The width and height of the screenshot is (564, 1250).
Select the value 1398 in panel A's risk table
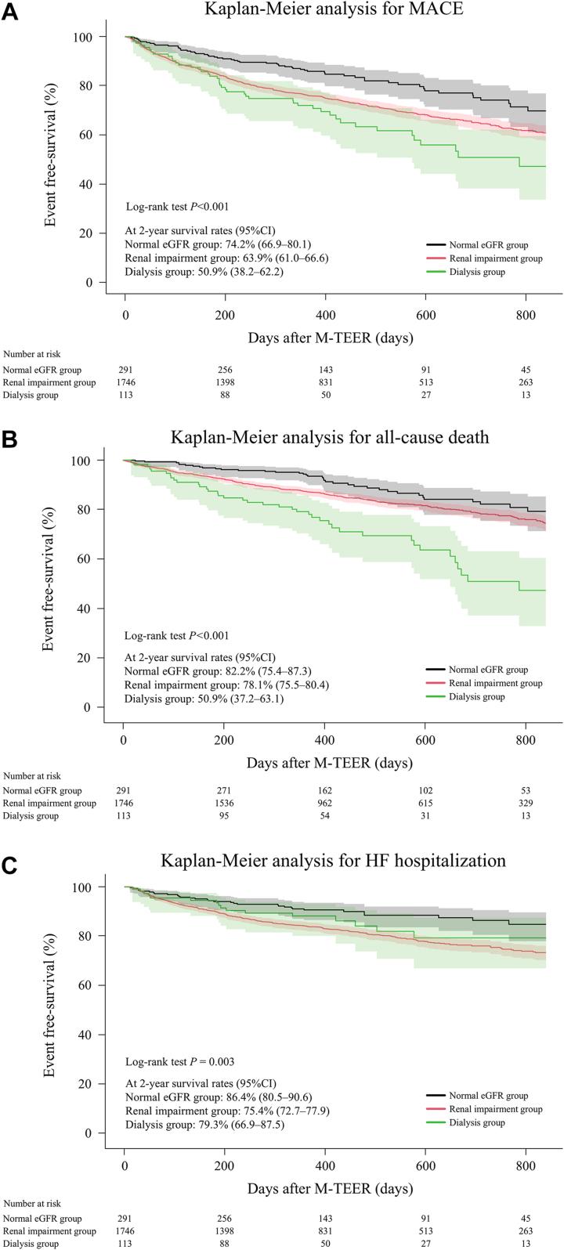[x=225, y=382]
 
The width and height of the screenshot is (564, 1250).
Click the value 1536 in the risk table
[x=225, y=803]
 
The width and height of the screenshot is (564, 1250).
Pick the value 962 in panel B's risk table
[x=325, y=803]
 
